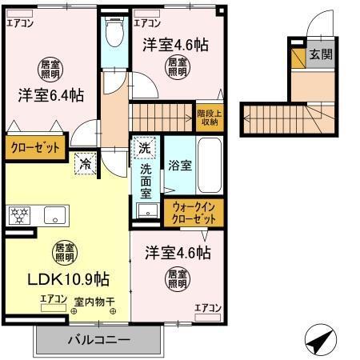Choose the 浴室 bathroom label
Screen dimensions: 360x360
tap(179, 166)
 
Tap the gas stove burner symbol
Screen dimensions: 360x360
tap(18, 214)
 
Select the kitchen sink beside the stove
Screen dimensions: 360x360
tap(54, 214)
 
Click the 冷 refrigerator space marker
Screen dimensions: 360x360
tap(85, 165)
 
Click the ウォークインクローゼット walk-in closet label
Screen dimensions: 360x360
tap(194, 212)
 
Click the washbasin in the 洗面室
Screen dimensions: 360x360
tap(146, 210)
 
